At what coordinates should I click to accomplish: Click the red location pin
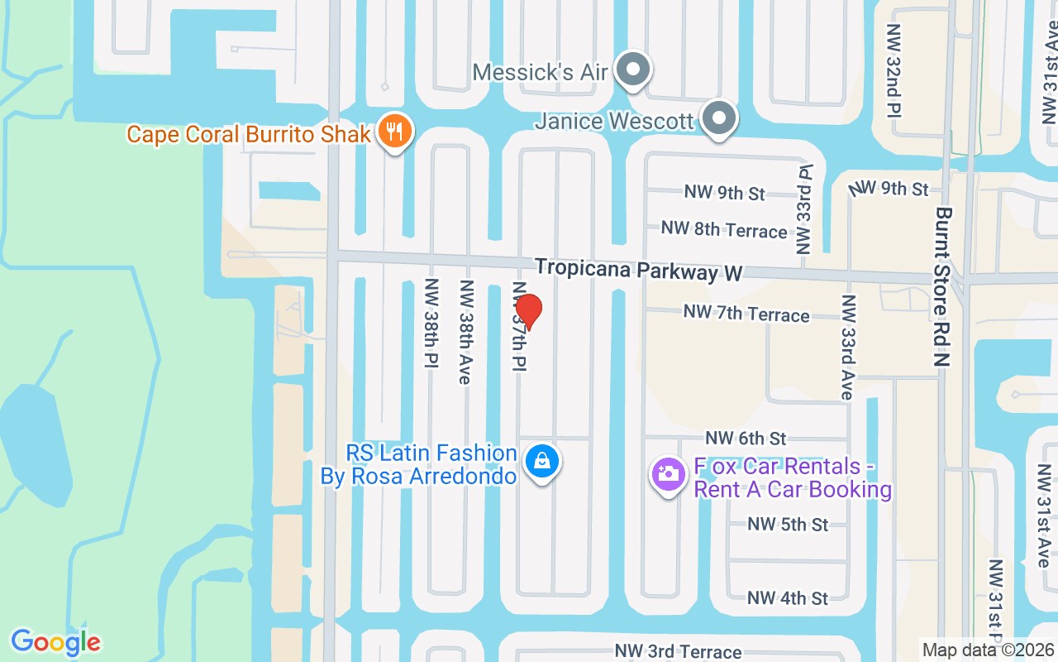(x=528, y=311)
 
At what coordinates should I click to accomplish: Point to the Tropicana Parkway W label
(x=638, y=270)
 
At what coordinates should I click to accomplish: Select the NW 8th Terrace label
(x=724, y=229)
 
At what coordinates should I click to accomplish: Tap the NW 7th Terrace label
(x=746, y=314)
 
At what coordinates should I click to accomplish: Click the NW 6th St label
(x=746, y=438)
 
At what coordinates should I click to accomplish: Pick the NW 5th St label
(x=788, y=524)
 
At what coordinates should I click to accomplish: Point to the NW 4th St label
(x=788, y=597)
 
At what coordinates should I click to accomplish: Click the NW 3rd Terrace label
(x=678, y=652)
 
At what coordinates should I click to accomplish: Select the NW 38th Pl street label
(x=431, y=323)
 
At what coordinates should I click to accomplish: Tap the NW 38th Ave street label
(x=466, y=331)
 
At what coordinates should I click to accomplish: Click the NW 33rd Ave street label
(x=847, y=346)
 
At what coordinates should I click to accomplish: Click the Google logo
(x=55, y=642)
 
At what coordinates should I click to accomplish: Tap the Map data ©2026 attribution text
(x=989, y=650)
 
